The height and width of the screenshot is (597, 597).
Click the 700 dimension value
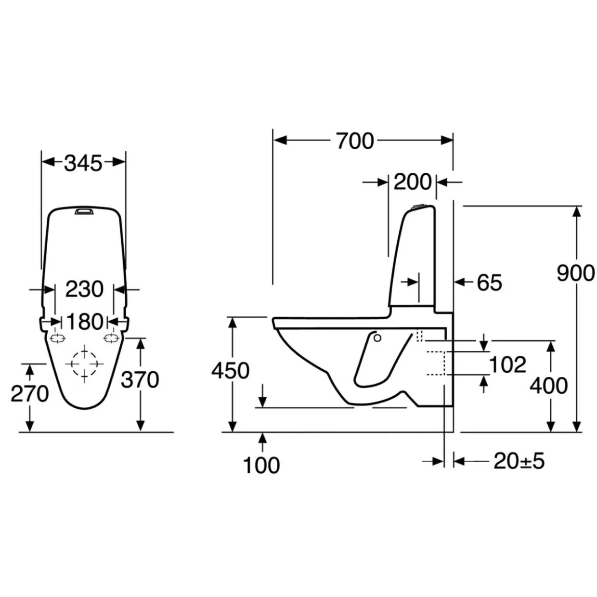pyautogui.click(x=355, y=141)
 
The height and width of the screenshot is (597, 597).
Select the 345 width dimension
pyautogui.click(x=83, y=163)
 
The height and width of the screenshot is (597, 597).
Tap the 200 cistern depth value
pyautogui.click(x=412, y=182)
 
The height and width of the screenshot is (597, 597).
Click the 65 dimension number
pyautogui.click(x=490, y=283)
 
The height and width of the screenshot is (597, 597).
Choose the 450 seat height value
pyautogui.click(x=230, y=371)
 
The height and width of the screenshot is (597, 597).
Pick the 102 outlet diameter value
pyautogui.click(x=507, y=364)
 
